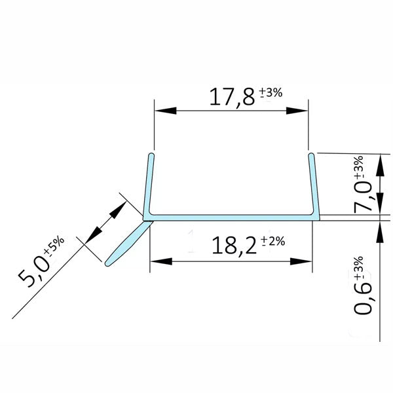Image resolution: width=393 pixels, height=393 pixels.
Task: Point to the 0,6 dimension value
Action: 365,297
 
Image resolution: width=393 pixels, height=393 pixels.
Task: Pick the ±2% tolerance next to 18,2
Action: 273,241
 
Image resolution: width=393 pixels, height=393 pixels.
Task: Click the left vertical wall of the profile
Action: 149,187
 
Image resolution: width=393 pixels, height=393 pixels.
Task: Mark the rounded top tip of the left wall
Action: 151,157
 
